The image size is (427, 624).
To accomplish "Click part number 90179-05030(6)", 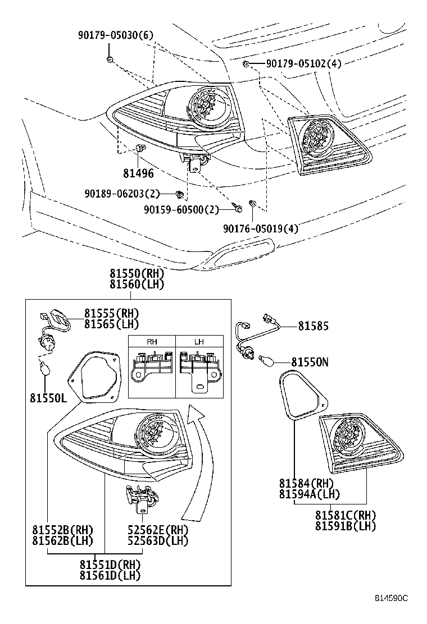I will click(115, 36).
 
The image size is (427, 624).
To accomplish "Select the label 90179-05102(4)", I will click(303, 64).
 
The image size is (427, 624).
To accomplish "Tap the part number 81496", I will click(138, 173).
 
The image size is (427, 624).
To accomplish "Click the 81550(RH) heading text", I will click(137, 274).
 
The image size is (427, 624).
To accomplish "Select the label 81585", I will click(313, 326).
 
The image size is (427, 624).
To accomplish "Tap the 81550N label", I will click(309, 363).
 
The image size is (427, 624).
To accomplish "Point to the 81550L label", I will click(48, 398).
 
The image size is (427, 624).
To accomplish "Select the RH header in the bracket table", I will click(152, 342).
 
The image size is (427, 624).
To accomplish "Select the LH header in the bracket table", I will click(199, 342).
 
